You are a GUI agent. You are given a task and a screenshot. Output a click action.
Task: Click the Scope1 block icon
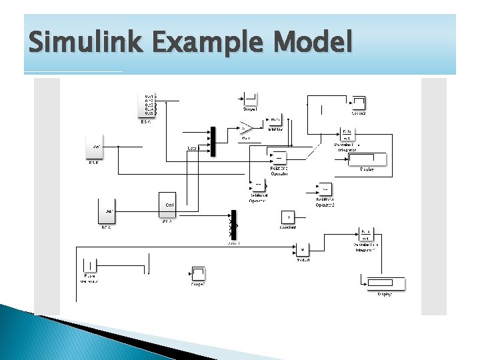(250, 99)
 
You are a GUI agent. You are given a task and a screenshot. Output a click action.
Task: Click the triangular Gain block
(247, 127)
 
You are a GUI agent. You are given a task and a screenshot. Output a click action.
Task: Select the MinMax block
(275, 119)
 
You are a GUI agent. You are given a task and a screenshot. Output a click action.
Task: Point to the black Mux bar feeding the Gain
(213, 141)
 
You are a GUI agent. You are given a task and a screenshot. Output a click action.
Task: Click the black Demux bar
(233, 225)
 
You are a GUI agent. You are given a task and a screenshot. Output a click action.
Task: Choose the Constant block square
(288, 217)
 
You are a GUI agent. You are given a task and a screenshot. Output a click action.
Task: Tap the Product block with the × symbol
(302, 249)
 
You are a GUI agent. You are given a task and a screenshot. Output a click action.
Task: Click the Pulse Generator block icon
(89, 265)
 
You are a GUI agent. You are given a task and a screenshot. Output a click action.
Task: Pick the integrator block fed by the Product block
(366, 234)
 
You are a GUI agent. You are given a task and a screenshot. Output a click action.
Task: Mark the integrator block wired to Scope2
(348, 134)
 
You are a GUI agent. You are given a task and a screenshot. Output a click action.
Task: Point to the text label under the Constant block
(288, 227)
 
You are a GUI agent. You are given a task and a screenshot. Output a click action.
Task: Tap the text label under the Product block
(302, 260)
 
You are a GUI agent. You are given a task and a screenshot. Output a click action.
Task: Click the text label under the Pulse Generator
(89, 279)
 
